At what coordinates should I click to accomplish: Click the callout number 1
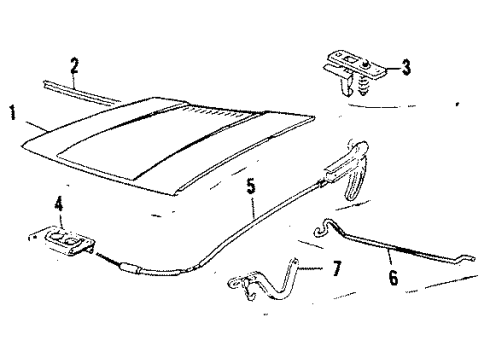pyautogui.click(x=12, y=113)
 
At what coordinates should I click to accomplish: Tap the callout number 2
pyautogui.click(x=74, y=66)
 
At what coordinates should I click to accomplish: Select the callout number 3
pyautogui.click(x=406, y=67)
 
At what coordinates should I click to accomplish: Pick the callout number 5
pyautogui.click(x=251, y=186)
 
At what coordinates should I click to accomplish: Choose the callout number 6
pyautogui.click(x=394, y=277)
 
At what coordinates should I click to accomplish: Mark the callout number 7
pyautogui.click(x=337, y=268)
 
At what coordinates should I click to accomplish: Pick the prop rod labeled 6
pyautogui.click(x=393, y=246)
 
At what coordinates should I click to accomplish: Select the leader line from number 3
pyautogui.click(x=393, y=69)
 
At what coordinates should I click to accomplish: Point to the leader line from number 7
pyautogui.click(x=311, y=268)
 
